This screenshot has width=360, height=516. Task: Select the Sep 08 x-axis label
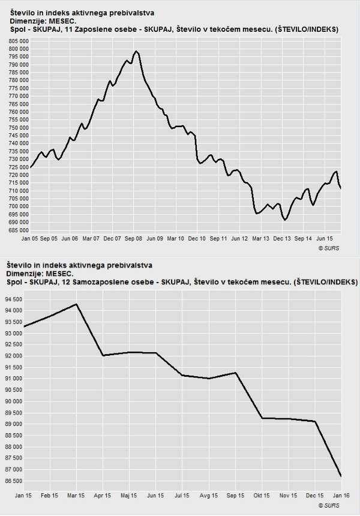tap(133, 238)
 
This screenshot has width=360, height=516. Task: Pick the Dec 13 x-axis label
tap(282, 238)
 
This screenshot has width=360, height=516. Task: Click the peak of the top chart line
tap(137, 52)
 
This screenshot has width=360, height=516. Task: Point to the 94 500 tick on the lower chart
tap(14, 299)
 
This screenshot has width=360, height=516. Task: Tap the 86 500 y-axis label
tap(14, 481)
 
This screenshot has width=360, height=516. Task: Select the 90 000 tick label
tap(14, 401)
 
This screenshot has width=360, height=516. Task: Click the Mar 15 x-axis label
tap(76, 496)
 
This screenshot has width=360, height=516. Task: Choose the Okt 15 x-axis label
tap(262, 496)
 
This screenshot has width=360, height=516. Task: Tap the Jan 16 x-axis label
tap(340, 496)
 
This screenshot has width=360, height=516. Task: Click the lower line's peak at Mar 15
tap(76, 304)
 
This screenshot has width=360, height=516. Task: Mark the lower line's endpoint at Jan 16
tap(341, 476)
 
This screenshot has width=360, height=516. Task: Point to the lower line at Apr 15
tap(103, 355)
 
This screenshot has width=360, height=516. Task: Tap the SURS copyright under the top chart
tap(329, 247)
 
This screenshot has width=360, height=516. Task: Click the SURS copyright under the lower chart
tap(329, 506)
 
